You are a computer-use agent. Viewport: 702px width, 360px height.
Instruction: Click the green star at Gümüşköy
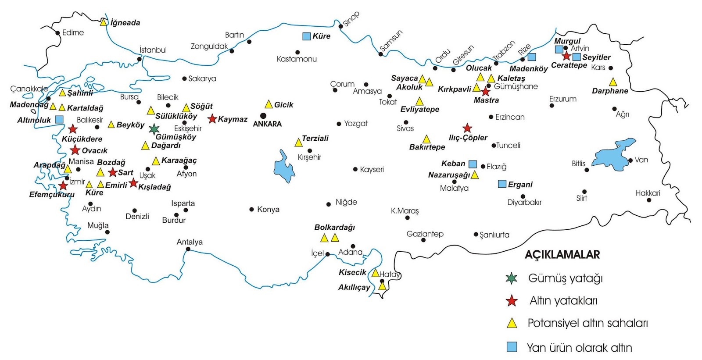[x=154, y=129]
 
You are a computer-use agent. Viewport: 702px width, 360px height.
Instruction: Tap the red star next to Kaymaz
[x=212, y=119]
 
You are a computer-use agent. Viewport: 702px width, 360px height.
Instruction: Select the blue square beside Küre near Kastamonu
[x=306, y=36]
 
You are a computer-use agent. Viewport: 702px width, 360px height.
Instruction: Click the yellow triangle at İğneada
[x=104, y=22]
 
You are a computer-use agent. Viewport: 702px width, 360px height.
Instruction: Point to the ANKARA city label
[x=267, y=124]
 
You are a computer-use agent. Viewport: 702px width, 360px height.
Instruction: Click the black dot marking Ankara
[x=263, y=116]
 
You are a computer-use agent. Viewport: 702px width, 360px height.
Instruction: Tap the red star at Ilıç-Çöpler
[x=467, y=128]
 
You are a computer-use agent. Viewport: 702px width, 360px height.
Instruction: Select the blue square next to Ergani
[x=502, y=184]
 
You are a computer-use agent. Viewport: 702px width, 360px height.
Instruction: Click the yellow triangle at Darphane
[x=613, y=82]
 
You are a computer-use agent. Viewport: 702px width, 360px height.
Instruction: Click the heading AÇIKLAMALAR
[x=562, y=255]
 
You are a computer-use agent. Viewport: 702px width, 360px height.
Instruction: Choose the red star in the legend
[x=512, y=301]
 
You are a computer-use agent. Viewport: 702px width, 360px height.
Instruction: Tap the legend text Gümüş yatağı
[x=565, y=278]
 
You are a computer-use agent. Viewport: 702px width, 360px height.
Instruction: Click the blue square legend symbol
[x=512, y=347]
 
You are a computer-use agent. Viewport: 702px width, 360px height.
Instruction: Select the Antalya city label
[x=190, y=242]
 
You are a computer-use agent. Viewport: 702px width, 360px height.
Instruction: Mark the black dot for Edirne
[x=57, y=33]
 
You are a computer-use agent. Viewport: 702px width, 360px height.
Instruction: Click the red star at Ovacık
[x=75, y=150]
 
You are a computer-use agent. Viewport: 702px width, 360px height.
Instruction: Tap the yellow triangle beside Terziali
[x=298, y=143]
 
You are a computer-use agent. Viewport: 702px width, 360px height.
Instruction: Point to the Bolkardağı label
[x=334, y=228]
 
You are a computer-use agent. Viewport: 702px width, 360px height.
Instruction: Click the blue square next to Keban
[x=473, y=164]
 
